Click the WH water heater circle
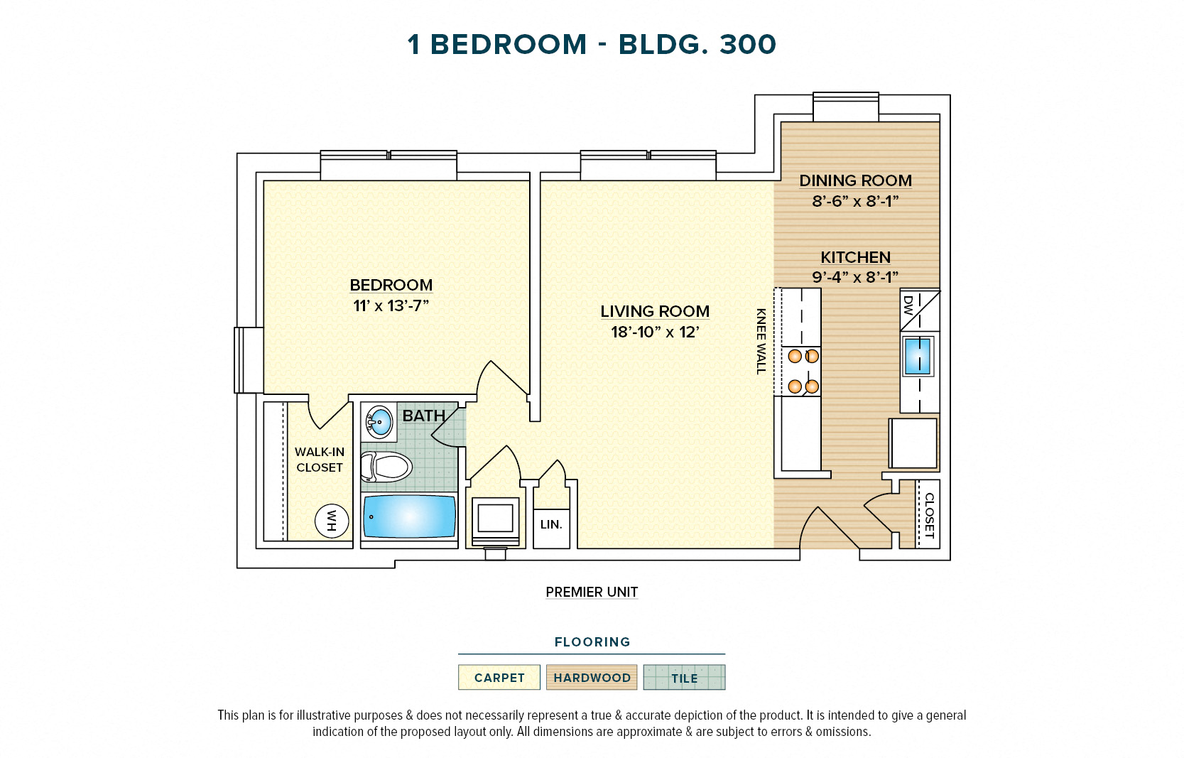click(332, 521)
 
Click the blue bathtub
click(409, 516)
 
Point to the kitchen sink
click(918, 356)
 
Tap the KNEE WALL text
click(761, 341)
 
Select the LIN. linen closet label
click(551, 524)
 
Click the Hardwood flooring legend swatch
click(592, 678)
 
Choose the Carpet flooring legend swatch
click(499, 678)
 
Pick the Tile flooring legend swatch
click(684, 678)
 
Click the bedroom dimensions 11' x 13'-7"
click(391, 305)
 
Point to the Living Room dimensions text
click(655, 332)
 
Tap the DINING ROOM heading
click(855, 180)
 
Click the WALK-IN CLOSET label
click(320, 460)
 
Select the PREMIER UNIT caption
click(592, 592)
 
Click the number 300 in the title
click(747, 45)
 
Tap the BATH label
click(423, 416)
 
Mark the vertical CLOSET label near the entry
click(928, 515)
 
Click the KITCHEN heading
click(855, 257)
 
